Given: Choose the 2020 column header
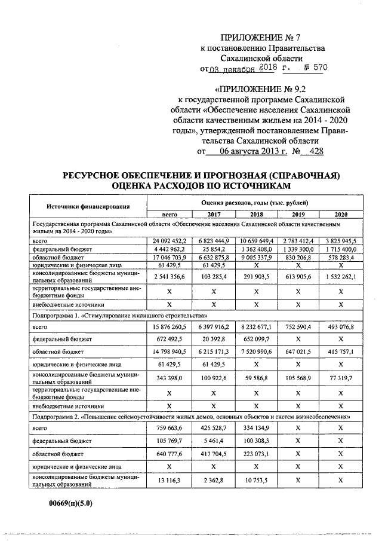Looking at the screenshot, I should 341,214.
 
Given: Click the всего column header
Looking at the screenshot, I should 171,214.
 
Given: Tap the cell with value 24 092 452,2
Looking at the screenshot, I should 171,240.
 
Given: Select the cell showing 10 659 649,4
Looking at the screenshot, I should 256,240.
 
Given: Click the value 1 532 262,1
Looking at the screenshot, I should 341,277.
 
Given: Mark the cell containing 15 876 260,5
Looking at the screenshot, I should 171,327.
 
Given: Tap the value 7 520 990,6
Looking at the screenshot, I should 256,352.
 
